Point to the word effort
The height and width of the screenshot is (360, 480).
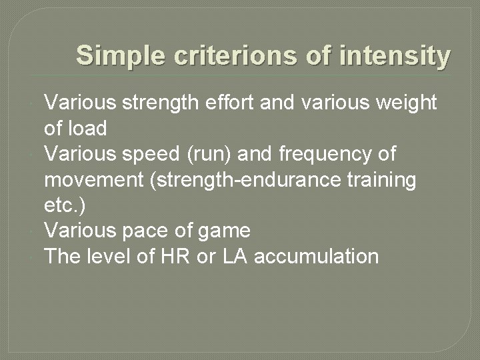pyautogui.click(x=223, y=103)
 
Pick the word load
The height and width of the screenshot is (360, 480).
pyautogui.click(x=88, y=128)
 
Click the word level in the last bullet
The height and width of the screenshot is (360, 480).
pyautogui.click(x=111, y=257)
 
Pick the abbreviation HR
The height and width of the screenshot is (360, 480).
pyautogui.click(x=174, y=257)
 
